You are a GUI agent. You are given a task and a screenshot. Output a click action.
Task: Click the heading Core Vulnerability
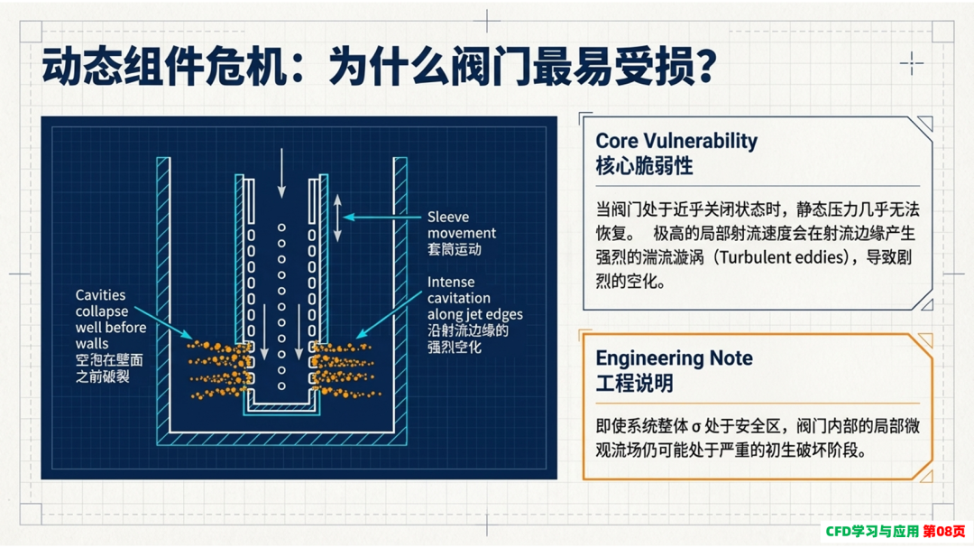click(x=676, y=141)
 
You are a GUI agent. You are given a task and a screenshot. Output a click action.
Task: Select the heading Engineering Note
click(x=674, y=358)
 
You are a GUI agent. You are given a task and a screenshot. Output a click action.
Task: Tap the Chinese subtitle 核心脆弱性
click(x=644, y=166)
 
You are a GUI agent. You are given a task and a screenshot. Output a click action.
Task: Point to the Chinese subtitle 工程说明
click(x=634, y=383)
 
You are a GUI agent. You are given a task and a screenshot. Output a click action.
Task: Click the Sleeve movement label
click(x=462, y=225)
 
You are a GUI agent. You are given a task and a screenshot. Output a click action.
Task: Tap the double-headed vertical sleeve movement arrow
click(x=337, y=218)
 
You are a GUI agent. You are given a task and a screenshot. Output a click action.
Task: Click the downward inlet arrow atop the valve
click(x=281, y=173)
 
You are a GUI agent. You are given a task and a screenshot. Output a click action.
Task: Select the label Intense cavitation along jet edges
click(x=475, y=298)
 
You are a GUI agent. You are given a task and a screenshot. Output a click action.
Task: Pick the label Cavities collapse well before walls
click(x=111, y=319)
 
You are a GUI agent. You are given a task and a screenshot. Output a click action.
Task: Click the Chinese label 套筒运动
click(x=454, y=250)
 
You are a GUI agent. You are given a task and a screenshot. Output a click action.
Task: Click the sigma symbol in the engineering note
click(x=696, y=427)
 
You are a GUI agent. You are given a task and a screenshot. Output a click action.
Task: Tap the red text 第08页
click(x=944, y=531)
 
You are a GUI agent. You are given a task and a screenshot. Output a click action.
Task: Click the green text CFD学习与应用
click(x=872, y=531)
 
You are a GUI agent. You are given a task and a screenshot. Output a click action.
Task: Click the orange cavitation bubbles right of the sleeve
click(x=345, y=369)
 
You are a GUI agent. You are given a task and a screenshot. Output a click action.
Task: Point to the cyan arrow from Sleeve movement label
click(x=381, y=217)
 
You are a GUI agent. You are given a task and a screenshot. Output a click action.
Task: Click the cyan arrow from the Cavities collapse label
click(x=163, y=322)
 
